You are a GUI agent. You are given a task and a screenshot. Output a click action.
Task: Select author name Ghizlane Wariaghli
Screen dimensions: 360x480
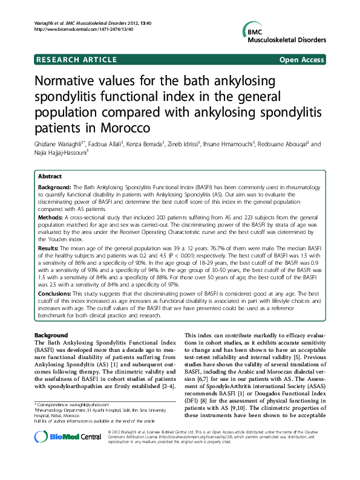pos(57,144)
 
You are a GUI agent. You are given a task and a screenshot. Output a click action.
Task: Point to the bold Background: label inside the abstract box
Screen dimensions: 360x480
pos(55,188)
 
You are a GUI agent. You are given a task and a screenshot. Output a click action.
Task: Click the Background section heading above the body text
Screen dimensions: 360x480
pos(51,334)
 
